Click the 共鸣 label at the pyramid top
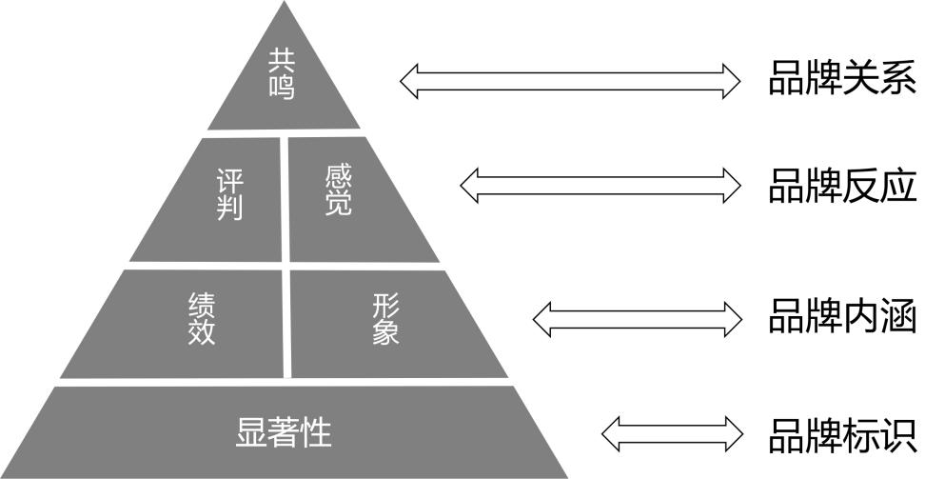click(x=282, y=75)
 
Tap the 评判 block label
click(x=229, y=194)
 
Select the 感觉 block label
click(x=338, y=190)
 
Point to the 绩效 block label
click(x=202, y=318)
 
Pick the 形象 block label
click(x=385, y=318)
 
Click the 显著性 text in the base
click(x=284, y=432)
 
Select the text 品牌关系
click(x=841, y=80)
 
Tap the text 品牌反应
click(x=841, y=187)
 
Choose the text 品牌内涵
click(x=841, y=317)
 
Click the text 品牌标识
click(x=841, y=434)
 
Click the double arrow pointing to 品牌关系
click(x=569, y=80)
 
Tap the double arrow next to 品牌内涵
click(x=637, y=317)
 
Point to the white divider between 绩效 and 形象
click(x=286, y=323)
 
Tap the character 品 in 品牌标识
click(x=786, y=434)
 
